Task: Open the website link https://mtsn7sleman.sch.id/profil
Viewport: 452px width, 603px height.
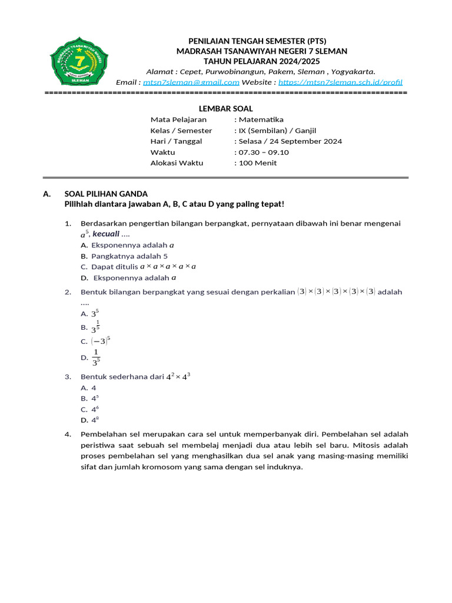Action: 340,82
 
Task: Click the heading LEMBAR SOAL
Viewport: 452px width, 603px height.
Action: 225,108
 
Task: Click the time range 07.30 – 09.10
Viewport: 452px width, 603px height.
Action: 264,152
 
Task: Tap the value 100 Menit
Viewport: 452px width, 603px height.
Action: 257,163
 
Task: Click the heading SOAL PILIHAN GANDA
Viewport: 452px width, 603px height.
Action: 105,194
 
